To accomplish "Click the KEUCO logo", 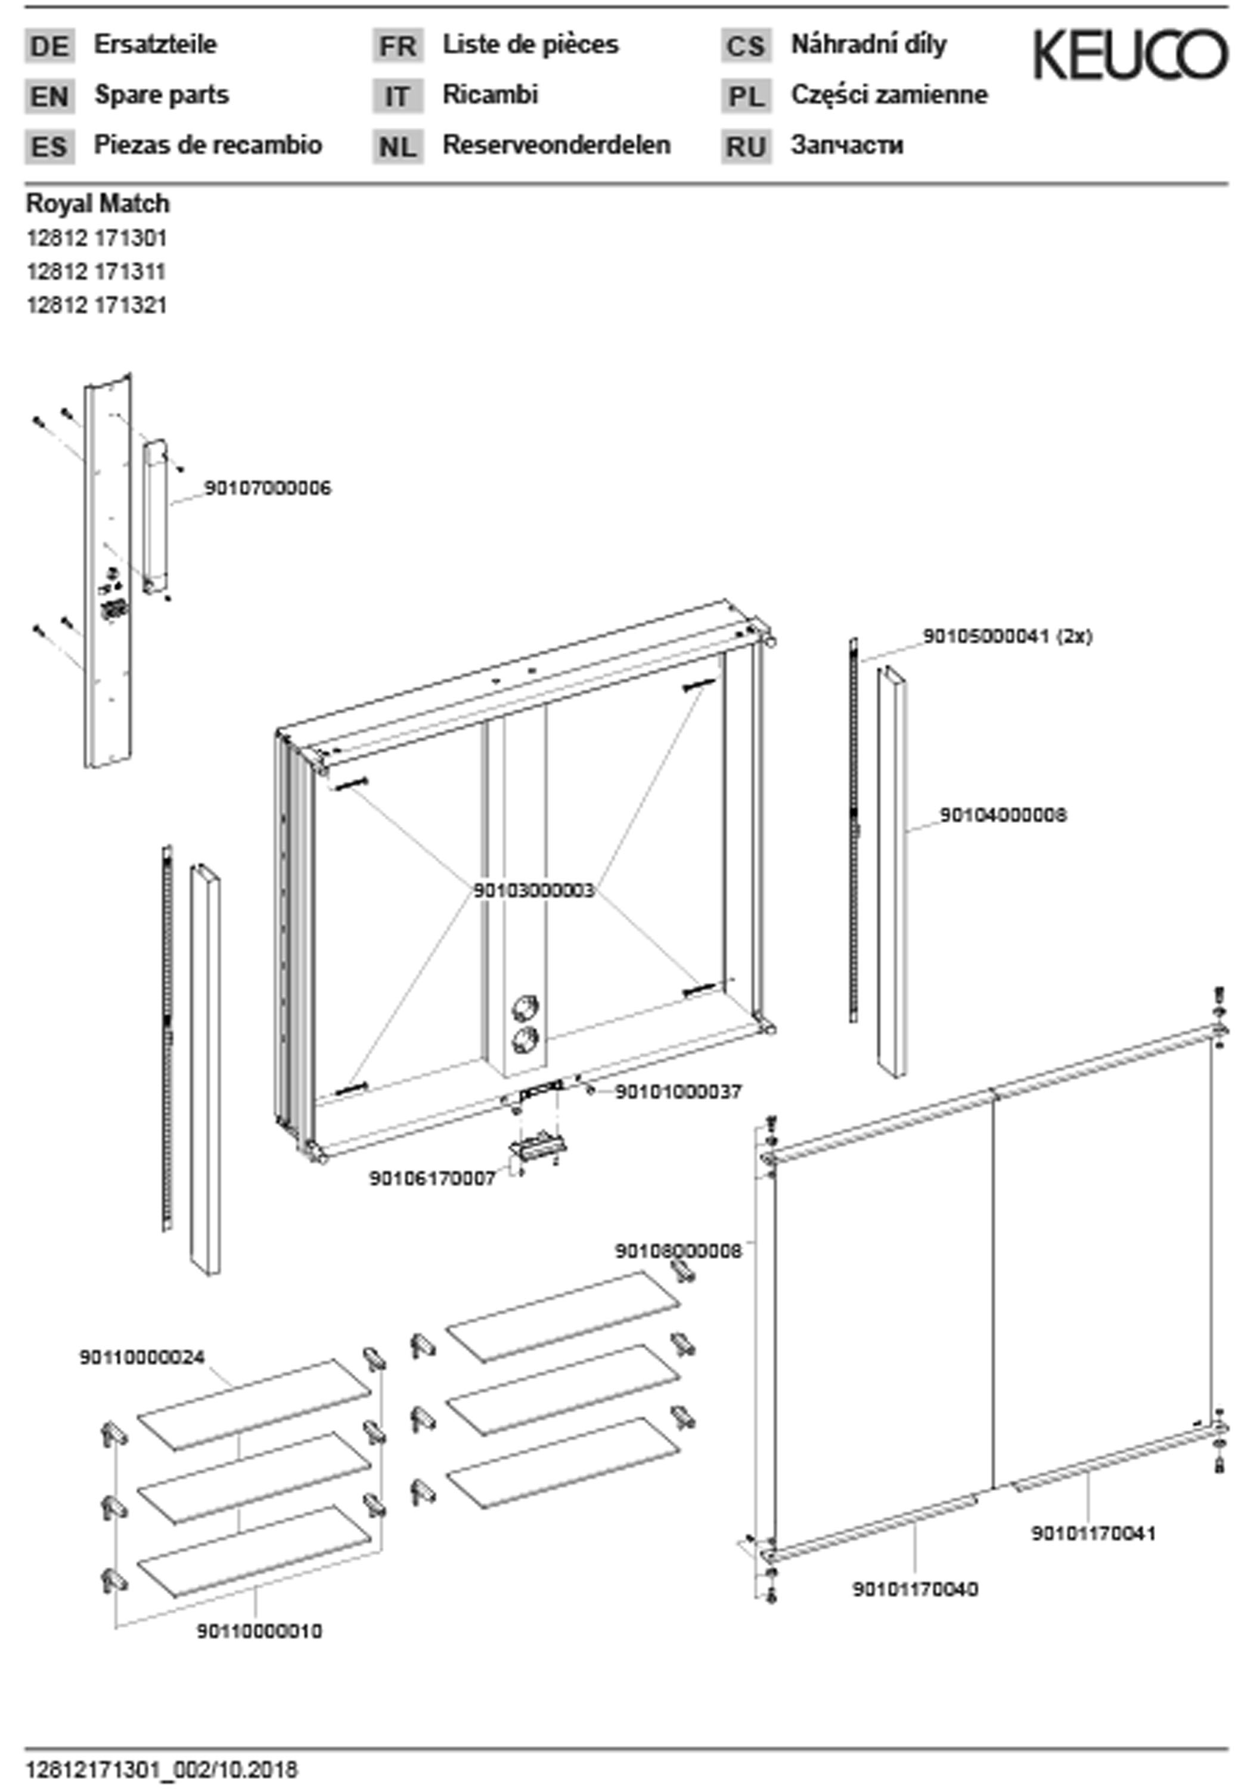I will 1130,54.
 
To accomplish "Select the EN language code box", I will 49,97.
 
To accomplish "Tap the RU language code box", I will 746,146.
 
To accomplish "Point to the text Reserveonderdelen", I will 556,145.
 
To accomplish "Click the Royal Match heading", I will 98,203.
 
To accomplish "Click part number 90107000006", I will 267,488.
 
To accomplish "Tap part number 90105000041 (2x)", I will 1007,636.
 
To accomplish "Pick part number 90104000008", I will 1003,815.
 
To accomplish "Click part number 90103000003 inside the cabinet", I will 534,890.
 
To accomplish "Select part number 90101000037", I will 678,1091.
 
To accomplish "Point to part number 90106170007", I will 432,1178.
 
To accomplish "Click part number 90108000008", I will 678,1250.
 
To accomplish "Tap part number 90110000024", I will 142,1357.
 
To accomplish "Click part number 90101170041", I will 1093,1533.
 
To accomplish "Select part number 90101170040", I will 915,1589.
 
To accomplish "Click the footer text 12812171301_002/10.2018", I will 162,1770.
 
